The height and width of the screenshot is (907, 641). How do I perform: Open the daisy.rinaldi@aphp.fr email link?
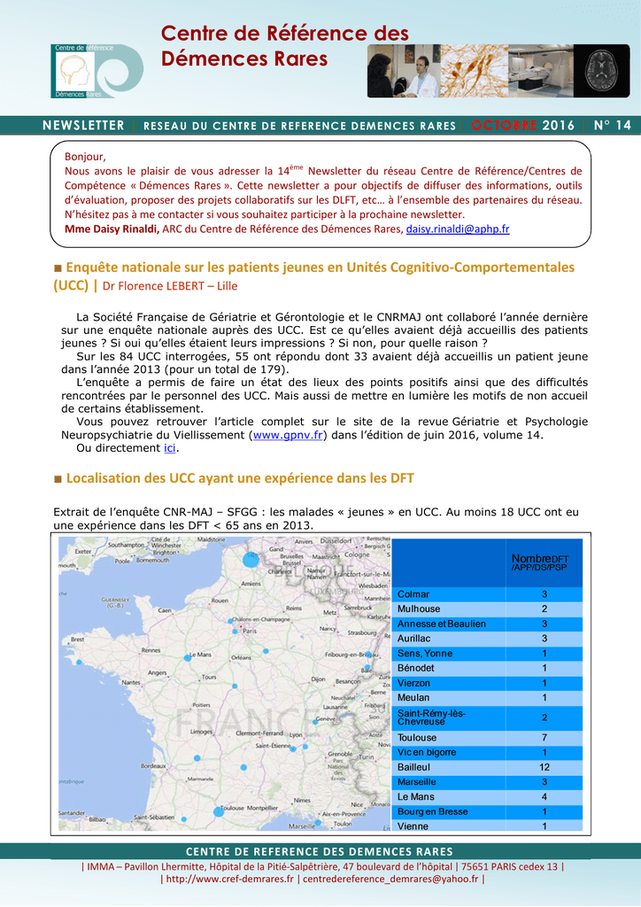[x=458, y=229]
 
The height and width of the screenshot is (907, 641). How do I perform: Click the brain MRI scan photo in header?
[x=602, y=71]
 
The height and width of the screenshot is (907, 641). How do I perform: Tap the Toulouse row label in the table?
[x=417, y=738]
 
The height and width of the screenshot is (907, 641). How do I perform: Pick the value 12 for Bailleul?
[x=544, y=767]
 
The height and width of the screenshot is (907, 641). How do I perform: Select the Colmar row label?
[x=413, y=594]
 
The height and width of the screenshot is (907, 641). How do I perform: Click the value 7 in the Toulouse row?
[x=544, y=738]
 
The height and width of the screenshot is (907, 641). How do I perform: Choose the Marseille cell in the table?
[x=417, y=782]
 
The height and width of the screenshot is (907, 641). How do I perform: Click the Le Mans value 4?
[x=544, y=797]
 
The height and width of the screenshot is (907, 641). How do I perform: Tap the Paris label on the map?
[x=251, y=632]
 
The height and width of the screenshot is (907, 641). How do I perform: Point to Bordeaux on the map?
[x=155, y=765]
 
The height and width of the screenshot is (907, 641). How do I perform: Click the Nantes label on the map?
[x=132, y=683]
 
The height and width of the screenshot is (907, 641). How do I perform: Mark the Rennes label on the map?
[x=152, y=650]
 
